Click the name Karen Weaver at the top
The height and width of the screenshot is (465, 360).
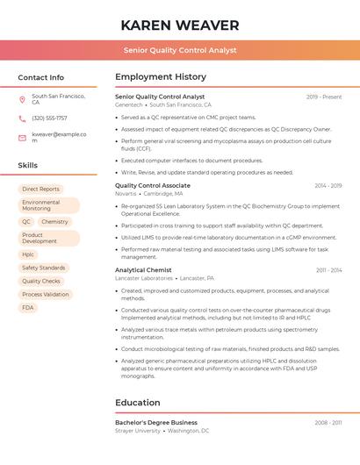(x=180, y=25)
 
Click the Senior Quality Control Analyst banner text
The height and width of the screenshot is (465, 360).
(x=180, y=50)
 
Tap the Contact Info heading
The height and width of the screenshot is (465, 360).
(x=41, y=77)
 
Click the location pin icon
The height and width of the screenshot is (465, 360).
(x=22, y=99)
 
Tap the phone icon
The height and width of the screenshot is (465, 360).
(x=22, y=118)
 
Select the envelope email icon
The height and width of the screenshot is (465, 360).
(x=22, y=137)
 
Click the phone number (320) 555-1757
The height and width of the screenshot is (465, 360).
(x=49, y=118)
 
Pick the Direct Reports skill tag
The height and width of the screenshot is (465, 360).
(x=41, y=189)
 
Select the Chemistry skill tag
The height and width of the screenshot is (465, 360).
(x=54, y=222)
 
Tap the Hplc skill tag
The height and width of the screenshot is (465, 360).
(x=28, y=254)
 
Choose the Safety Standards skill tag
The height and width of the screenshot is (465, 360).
(x=44, y=268)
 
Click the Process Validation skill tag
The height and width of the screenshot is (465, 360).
(x=46, y=295)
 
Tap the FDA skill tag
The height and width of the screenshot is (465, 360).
(x=28, y=308)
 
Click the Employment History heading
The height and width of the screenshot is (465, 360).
(x=161, y=77)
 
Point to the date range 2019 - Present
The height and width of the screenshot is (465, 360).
(x=324, y=97)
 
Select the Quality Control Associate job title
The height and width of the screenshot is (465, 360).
(x=153, y=186)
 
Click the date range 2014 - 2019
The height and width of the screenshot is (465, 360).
(x=328, y=186)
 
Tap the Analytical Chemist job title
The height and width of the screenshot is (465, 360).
(x=143, y=270)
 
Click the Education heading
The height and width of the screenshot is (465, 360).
(x=138, y=403)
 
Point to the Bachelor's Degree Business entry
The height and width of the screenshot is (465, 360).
(x=156, y=422)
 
